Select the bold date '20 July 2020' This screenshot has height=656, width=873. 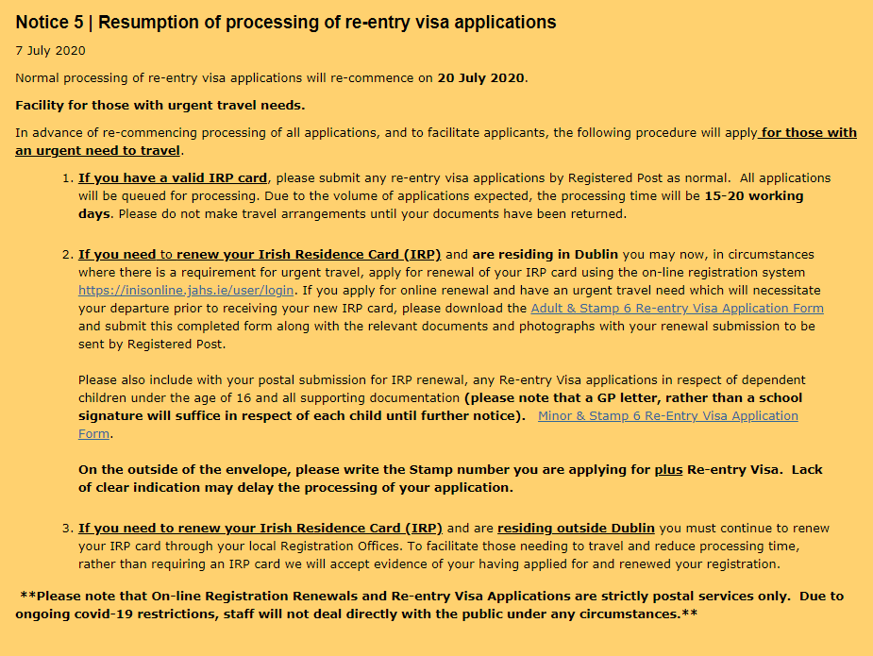click(x=481, y=77)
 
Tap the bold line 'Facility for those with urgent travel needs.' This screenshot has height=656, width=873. click(x=159, y=105)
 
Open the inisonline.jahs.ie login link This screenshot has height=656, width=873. click(x=186, y=290)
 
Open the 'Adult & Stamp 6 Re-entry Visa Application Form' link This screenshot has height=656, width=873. click(x=677, y=309)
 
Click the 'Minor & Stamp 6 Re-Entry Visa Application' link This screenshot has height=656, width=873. click(x=667, y=416)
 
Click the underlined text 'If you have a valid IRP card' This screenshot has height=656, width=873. click(x=173, y=177)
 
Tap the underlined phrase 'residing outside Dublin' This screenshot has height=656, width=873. click(x=577, y=528)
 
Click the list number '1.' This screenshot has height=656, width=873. click(x=67, y=177)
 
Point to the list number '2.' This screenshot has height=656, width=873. click(x=67, y=254)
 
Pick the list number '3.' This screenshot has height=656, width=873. click(x=67, y=528)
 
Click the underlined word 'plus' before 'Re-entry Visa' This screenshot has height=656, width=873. click(x=668, y=469)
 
